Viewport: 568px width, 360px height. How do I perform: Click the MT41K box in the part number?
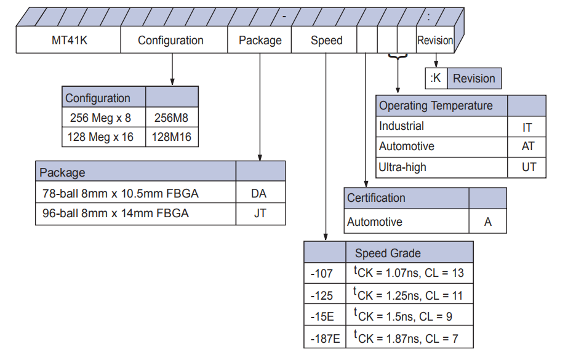tap(68, 41)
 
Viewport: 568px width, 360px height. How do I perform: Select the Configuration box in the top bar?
tap(170, 41)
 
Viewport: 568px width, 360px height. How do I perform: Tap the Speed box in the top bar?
tap(326, 41)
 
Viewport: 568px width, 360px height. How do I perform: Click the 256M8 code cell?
tap(172, 118)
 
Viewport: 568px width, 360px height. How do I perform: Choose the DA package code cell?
tap(260, 193)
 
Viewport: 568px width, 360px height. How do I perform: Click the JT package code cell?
tap(260, 214)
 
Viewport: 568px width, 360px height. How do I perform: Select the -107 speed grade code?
tap(322, 273)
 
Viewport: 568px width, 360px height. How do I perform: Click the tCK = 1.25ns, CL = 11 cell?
tap(409, 295)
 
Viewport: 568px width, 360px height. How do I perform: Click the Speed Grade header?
tap(388, 253)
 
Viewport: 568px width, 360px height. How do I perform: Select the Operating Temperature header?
tap(436, 106)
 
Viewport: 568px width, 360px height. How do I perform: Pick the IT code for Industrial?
tap(527, 127)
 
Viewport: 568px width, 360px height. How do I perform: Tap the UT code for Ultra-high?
tap(527, 167)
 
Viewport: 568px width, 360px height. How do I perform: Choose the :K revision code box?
tap(436, 79)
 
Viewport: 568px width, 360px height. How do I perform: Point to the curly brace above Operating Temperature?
tap(398, 57)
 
